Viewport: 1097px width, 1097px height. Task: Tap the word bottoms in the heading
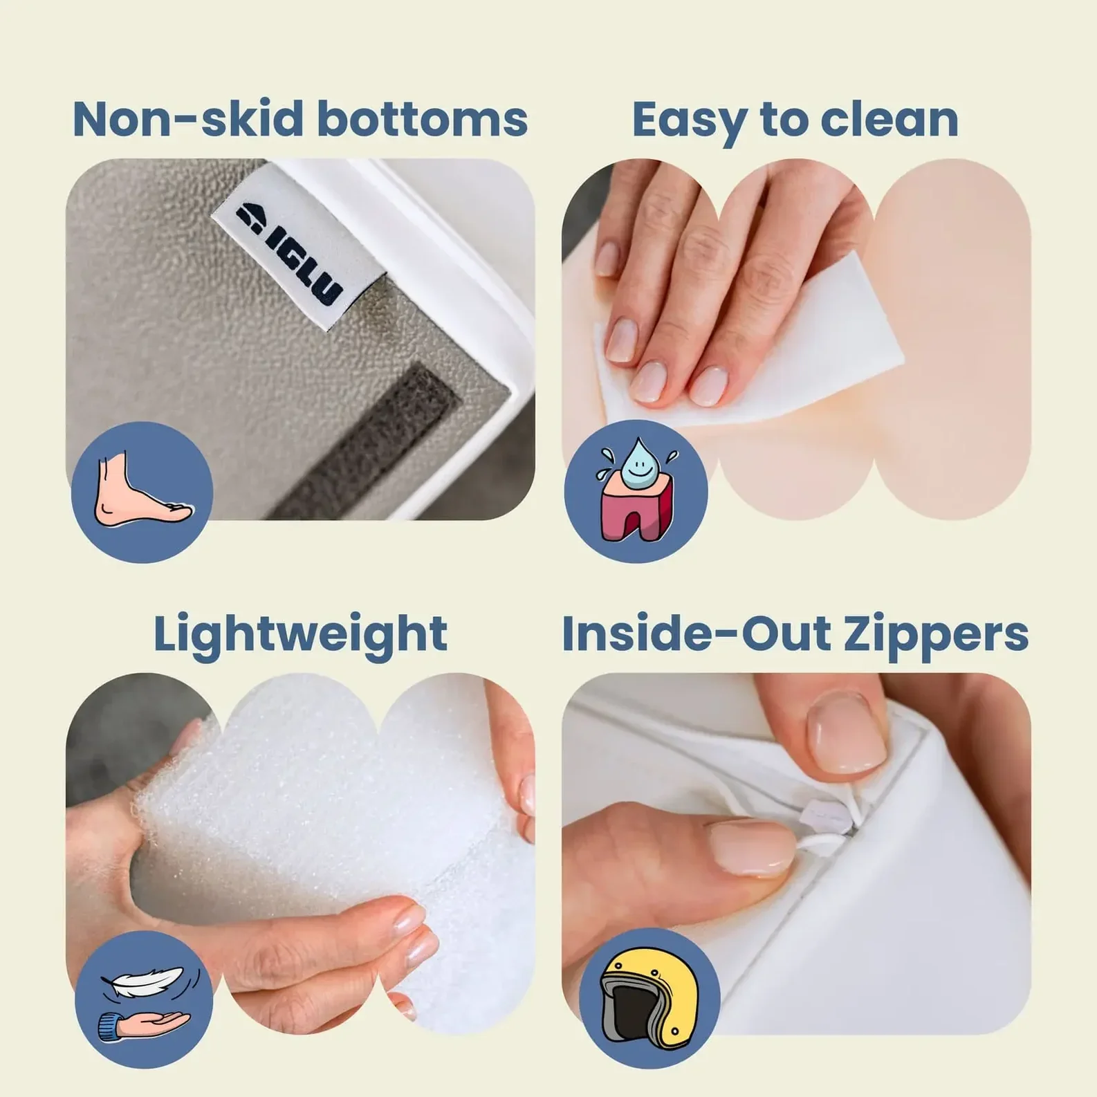tap(422, 119)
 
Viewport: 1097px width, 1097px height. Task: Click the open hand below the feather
tap(145, 1024)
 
